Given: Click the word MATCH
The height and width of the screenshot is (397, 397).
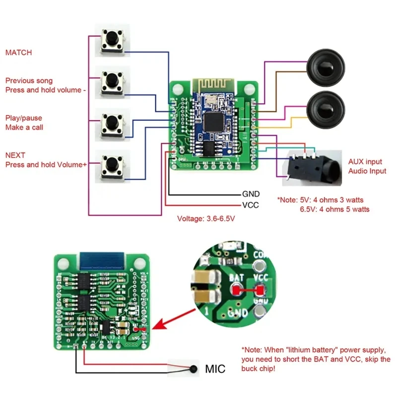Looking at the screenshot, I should click(18, 52).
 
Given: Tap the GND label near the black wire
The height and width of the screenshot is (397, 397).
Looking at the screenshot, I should click(251, 194).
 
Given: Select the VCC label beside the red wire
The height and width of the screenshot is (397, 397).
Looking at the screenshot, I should click(250, 205).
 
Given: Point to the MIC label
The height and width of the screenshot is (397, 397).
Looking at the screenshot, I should click(215, 369).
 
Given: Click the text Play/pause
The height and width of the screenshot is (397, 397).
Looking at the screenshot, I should click(23, 118).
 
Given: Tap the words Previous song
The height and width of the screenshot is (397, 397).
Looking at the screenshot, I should click(28, 80).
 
